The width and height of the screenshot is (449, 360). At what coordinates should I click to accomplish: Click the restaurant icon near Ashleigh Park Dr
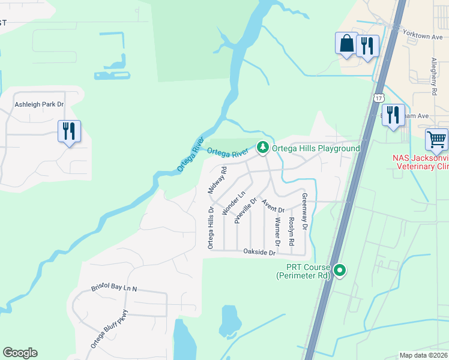[69, 131]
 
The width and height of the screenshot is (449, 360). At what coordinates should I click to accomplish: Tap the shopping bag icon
[346, 43]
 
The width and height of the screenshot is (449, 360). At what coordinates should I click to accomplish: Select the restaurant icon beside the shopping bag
[367, 46]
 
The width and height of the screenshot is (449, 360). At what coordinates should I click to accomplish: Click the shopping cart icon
[436, 139]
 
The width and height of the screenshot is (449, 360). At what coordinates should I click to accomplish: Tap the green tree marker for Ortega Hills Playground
[262, 147]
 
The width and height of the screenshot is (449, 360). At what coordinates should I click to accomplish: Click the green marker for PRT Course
[340, 271]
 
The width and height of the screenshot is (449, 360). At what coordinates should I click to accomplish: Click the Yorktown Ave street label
[425, 36]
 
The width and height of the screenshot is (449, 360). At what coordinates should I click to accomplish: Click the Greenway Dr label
[304, 212]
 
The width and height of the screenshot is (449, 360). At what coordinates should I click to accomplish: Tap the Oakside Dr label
[259, 253]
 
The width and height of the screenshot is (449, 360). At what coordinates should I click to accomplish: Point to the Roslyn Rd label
[291, 231]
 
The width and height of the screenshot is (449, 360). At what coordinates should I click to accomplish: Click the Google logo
[20, 353]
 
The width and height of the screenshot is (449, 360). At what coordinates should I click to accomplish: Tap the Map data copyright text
[423, 355]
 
